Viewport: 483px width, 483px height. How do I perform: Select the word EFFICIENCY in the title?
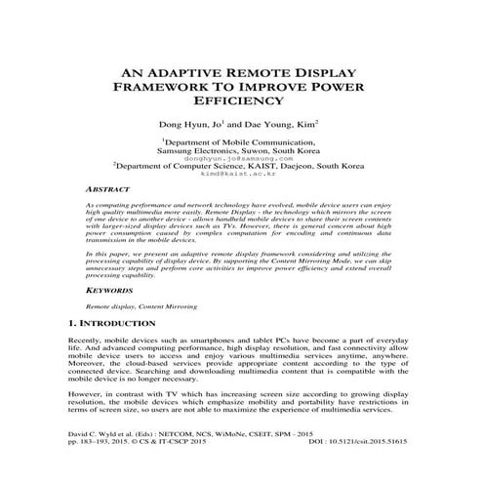click(x=239, y=100)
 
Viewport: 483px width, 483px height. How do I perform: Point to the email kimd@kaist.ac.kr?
click(x=240, y=176)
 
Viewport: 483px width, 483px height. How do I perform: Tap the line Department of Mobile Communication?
click(x=241, y=141)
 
